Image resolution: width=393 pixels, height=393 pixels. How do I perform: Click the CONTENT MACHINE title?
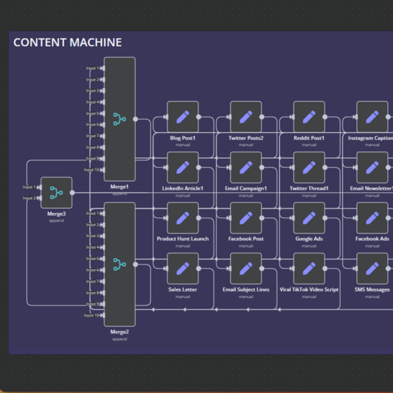click(x=67, y=43)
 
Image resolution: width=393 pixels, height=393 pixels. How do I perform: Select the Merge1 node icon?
click(x=119, y=119)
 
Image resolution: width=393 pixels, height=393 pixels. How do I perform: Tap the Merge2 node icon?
click(x=119, y=264)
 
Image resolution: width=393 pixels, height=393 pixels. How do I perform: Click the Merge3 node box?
click(x=56, y=193)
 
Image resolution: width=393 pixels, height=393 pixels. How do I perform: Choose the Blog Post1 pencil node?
click(x=183, y=117)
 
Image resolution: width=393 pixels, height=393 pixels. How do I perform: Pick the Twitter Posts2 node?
click(x=246, y=117)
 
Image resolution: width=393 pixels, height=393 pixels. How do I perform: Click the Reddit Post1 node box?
click(x=309, y=117)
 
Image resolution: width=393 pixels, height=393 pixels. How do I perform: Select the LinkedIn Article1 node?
click(x=183, y=168)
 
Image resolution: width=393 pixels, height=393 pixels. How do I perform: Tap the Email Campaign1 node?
click(x=246, y=168)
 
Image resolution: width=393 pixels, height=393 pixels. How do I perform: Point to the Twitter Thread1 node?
click(x=309, y=168)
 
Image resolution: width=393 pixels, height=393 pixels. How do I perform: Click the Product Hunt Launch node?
click(x=183, y=218)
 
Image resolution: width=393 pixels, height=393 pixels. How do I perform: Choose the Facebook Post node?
click(x=246, y=218)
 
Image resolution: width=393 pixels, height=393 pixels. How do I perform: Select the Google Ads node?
click(x=309, y=218)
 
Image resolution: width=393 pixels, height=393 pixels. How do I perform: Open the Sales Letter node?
click(x=183, y=269)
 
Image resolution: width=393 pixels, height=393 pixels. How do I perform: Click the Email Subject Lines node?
click(x=246, y=269)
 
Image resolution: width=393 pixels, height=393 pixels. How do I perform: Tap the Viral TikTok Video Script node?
click(x=309, y=269)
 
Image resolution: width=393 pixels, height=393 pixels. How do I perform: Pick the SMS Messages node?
click(x=372, y=269)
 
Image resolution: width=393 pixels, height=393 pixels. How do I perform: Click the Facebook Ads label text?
click(x=372, y=239)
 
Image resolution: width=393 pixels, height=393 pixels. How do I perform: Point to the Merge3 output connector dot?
click(x=72, y=193)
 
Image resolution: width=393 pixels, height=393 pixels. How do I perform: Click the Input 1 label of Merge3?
click(x=29, y=187)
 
